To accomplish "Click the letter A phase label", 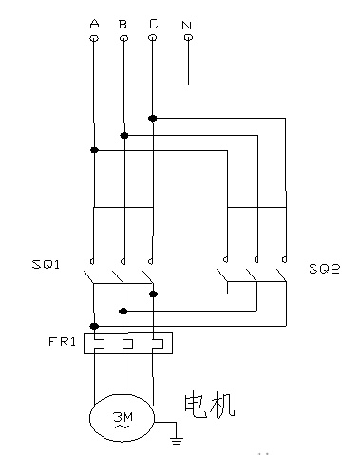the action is click(x=94, y=23).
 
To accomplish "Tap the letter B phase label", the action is click(x=123, y=24).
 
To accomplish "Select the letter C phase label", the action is click(x=153, y=24).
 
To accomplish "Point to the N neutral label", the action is click(x=187, y=25).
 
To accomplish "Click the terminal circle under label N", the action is click(x=188, y=38).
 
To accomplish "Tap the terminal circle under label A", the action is click(x=94, y=38).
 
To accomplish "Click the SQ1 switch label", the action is click(x=46, y=264).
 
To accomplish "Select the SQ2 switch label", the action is click(x=324, y=269).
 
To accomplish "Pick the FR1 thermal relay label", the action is click(x=62, y=342).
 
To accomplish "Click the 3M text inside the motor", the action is click(x=123, y=417).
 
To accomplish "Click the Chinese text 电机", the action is click(x=209, y=405).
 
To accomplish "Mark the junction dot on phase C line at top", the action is click(x=153, y=119).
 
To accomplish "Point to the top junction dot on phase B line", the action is click(x=124, y=136).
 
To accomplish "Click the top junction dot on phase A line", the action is click(x=94, y=150).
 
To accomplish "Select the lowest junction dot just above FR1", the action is click(x=94, y=326).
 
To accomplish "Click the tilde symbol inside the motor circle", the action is click(x=123, y=427).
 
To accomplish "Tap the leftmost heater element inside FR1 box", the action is click(x=99, y=344).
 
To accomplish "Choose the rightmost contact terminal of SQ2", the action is click(x=285, y=260).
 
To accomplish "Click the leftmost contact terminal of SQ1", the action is click(x=92, y=262).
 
